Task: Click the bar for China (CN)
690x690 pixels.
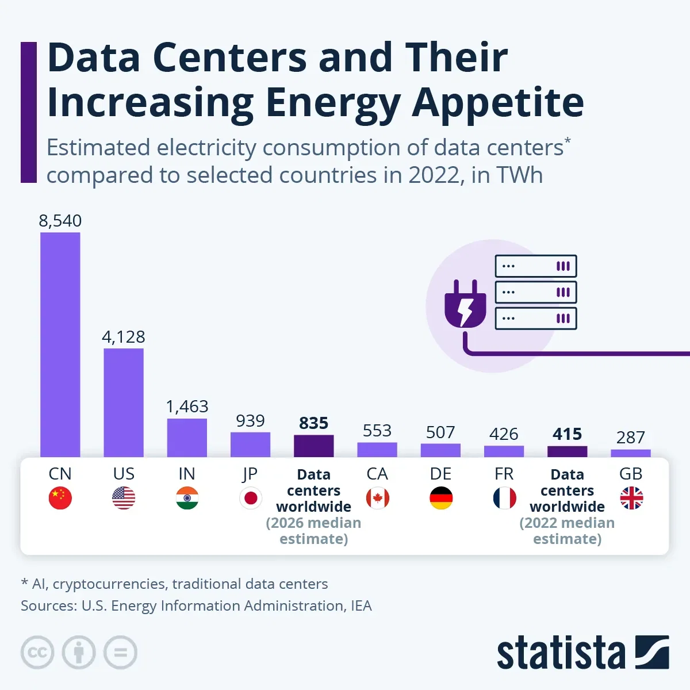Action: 60,345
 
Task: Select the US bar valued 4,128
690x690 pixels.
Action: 124,402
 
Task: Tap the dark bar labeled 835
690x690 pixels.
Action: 313,446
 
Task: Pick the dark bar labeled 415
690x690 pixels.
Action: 567,451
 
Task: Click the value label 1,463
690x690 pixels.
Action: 187,407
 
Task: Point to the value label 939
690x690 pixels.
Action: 250,421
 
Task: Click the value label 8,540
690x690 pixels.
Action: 60,221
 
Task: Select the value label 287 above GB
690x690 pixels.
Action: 630,438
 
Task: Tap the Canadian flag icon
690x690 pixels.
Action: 377,498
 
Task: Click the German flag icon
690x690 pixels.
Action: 441,498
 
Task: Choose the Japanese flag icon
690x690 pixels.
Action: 251,498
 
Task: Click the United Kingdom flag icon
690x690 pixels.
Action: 631,498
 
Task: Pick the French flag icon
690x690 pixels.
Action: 504,498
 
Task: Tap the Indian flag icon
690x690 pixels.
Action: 187,498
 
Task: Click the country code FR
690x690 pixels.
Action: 504,474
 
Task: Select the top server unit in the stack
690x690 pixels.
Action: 535,266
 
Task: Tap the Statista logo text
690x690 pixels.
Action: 561,653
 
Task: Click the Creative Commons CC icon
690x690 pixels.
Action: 37,653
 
